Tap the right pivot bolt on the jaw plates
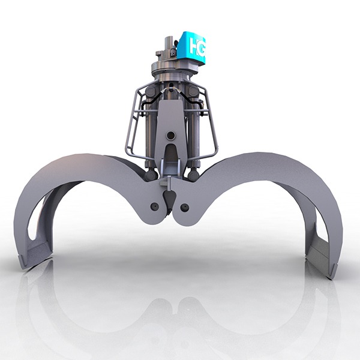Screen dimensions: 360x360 [185, 207]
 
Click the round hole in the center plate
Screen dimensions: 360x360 [171, 136]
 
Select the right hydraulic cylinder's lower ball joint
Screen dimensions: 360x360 [194, 175]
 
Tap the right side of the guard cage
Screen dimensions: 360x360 [210, 120]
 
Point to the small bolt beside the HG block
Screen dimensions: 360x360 [173, 52]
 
